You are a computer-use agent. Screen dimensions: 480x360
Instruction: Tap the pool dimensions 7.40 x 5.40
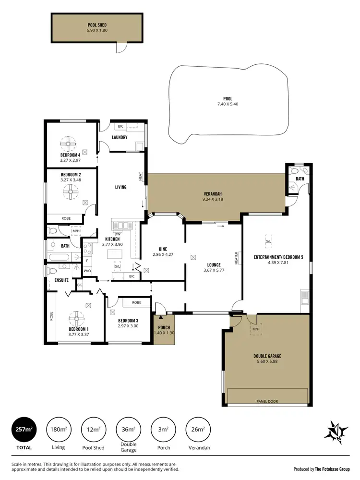(228, 104)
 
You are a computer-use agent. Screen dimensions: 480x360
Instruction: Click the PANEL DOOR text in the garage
(267, 401)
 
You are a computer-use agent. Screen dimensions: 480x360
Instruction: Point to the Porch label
(164, 327)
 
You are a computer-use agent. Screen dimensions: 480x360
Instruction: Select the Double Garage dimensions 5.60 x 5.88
(267, 361)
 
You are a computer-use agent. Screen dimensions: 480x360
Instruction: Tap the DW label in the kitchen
(117, 234)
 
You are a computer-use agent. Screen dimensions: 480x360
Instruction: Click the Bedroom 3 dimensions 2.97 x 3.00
(128, 325)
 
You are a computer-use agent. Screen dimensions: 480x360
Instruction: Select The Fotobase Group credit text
(331, 468)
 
